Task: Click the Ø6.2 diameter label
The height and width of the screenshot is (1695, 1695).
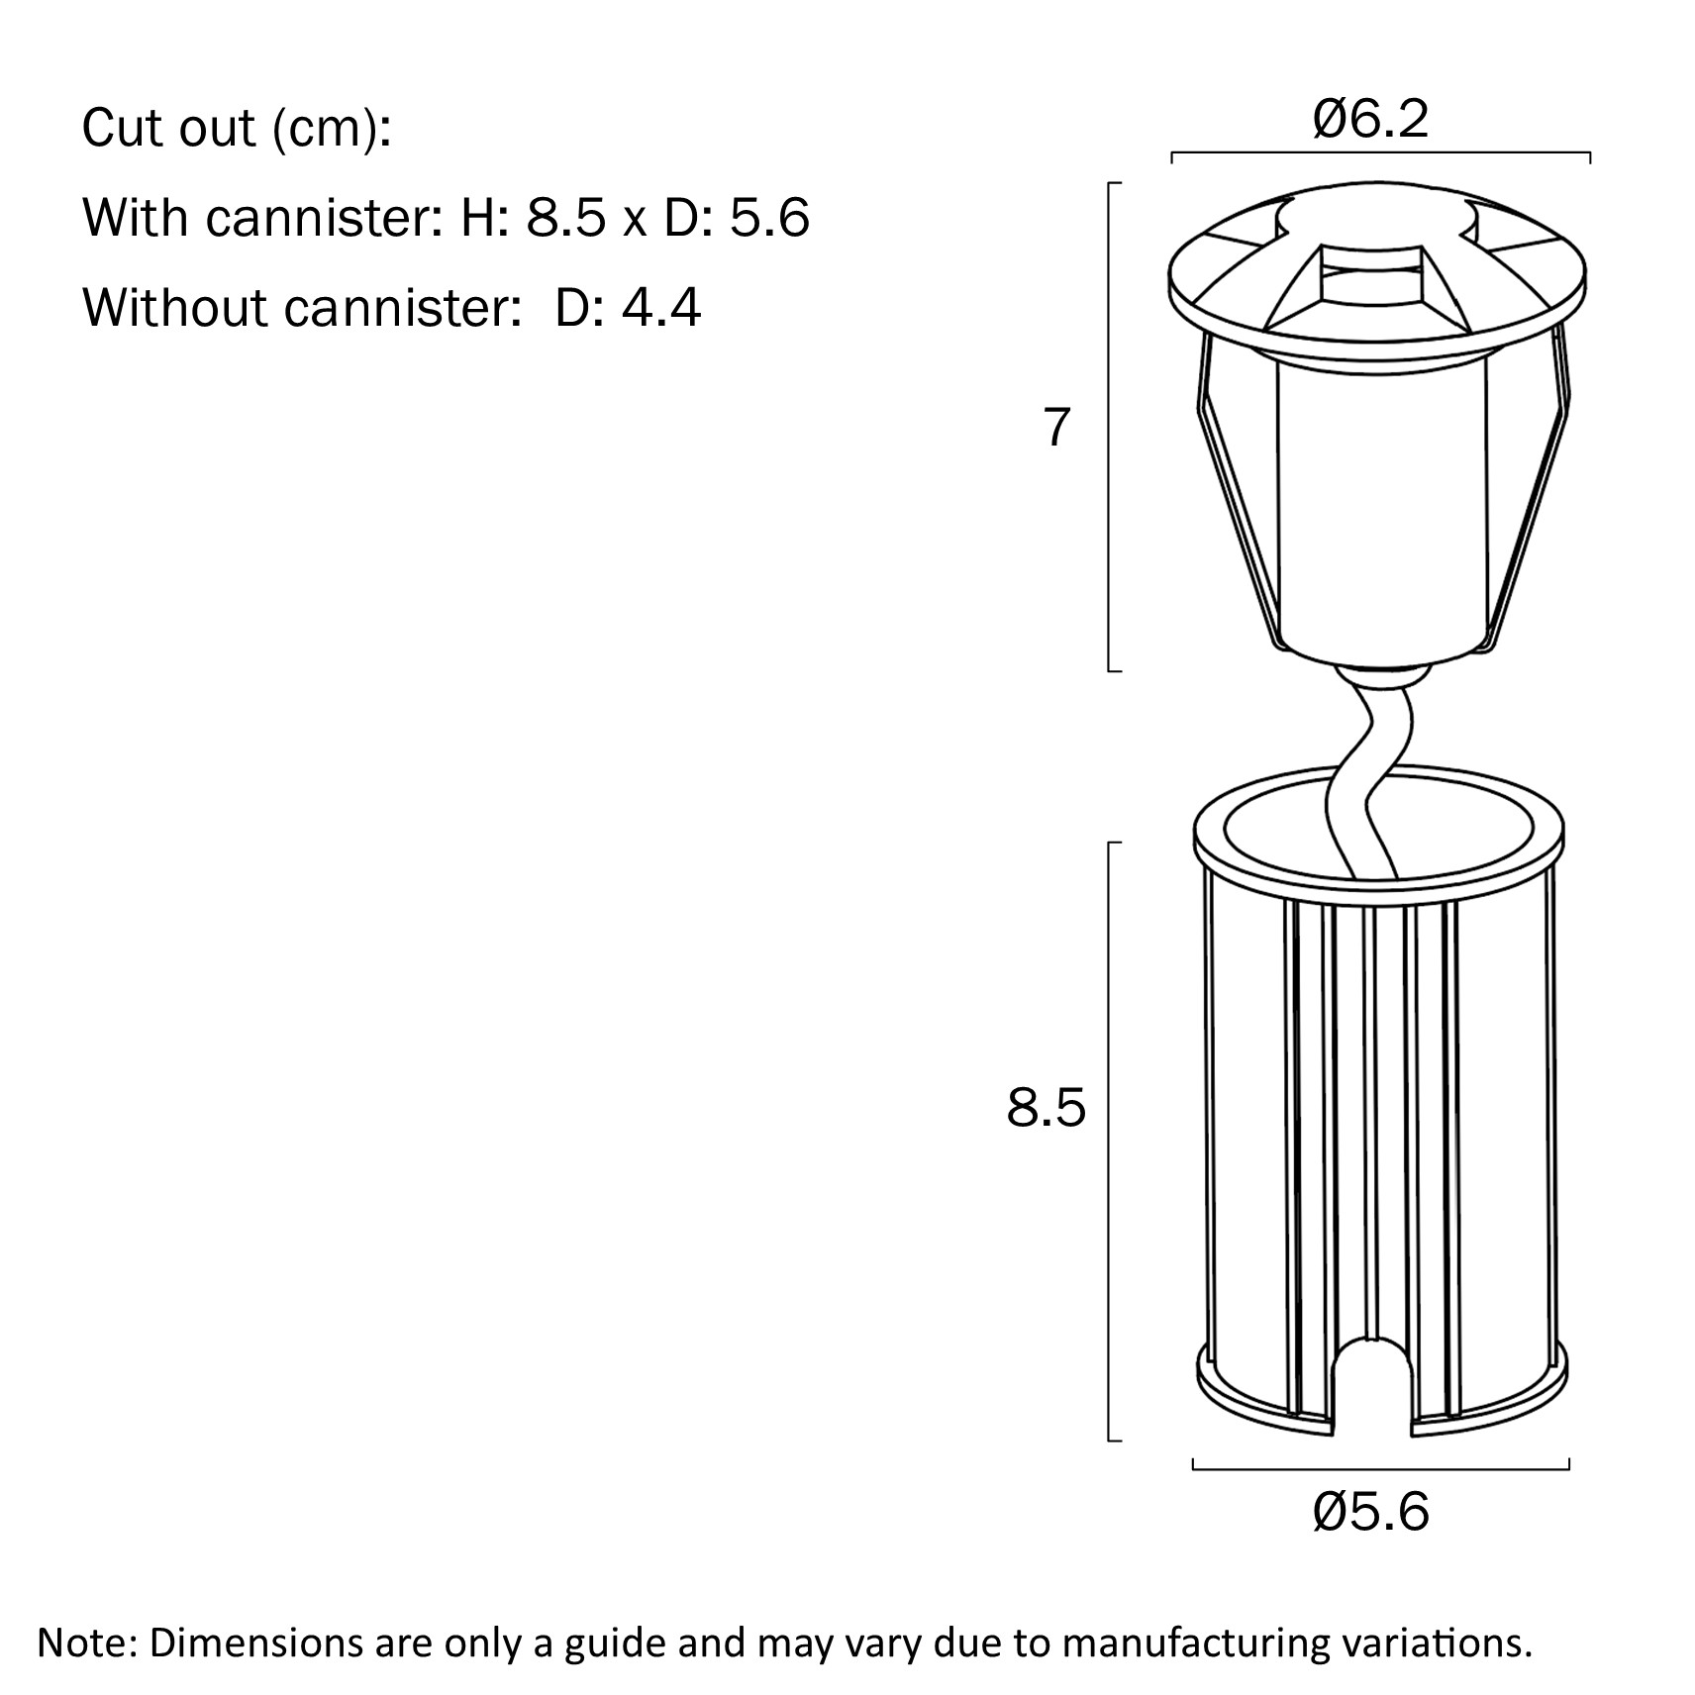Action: click(x=1371, y=120)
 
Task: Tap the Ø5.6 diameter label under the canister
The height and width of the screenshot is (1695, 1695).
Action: click(x=1371, y=1512)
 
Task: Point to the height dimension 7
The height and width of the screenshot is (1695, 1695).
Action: click(x=1057, y=428)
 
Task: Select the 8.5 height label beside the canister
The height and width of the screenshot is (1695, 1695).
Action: click(x=1047, y=1108)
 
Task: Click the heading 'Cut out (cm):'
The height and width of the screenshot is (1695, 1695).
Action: click(x=237, y=129)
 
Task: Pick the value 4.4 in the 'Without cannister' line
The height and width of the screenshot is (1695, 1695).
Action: click(x=661, y=307)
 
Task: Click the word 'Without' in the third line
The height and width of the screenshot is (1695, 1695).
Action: click(x=175, y=307)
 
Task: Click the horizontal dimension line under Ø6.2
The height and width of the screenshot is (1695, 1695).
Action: click(x=1381, y=154)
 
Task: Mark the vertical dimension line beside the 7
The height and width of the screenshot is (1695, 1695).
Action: click(x=1109, y=427)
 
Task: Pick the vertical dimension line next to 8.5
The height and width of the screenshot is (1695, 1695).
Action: click(x=1109, y=1141)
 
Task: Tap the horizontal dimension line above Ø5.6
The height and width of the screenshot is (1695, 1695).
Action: click(x=1381, y=1468)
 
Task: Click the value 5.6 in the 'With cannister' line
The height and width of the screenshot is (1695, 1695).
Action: click(x=769, y=217)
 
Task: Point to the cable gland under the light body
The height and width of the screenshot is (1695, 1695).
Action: click(x=1380, y=678)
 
